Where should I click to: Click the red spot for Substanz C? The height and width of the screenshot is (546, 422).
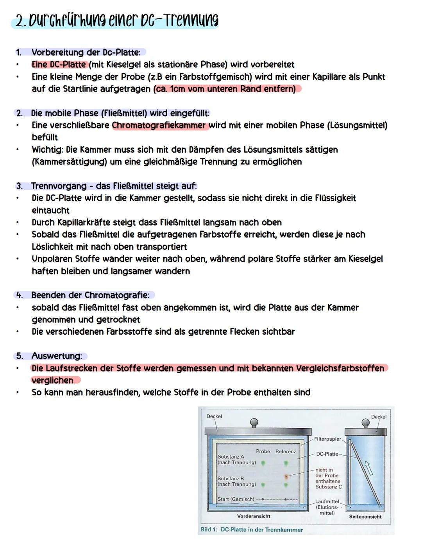tap(286, 477)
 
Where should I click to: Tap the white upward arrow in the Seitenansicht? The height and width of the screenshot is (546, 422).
tap(367, 468)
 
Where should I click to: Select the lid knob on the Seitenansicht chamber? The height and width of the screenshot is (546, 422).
tap(366, 423)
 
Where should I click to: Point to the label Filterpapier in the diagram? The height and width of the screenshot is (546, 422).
tap(327, 439)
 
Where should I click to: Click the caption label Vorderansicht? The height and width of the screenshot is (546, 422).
tap(254, 516)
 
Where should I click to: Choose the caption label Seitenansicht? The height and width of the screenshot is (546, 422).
tap(365, 517)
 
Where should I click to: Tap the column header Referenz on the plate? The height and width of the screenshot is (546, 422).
tap(286, 451)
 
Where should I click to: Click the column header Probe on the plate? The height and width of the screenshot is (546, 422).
tap(263, 451)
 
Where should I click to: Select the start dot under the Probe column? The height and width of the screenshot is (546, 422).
tap(263, 499)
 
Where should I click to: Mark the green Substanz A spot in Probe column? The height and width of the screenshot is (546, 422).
tap(263, 463)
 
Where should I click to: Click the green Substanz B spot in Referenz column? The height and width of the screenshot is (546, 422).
tap(286, 485)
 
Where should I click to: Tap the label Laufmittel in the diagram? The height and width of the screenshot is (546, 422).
tap(327, 501)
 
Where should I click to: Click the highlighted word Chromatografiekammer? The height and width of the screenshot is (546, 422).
tap(159, 125)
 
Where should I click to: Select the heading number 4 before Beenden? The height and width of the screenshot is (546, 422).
tap(19, 295)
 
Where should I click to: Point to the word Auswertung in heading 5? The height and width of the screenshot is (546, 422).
tap(56, 356)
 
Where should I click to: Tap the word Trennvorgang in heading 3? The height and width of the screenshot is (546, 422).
tap(59, 186)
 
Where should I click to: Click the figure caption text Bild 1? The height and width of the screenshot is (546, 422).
tap(209, 530)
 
